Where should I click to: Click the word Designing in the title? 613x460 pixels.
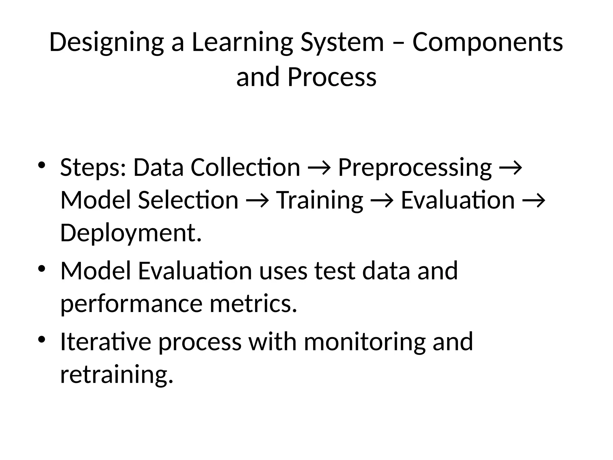click(107, 43)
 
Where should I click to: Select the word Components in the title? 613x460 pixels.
click(488, 43)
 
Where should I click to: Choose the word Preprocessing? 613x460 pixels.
click(415, 168)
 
